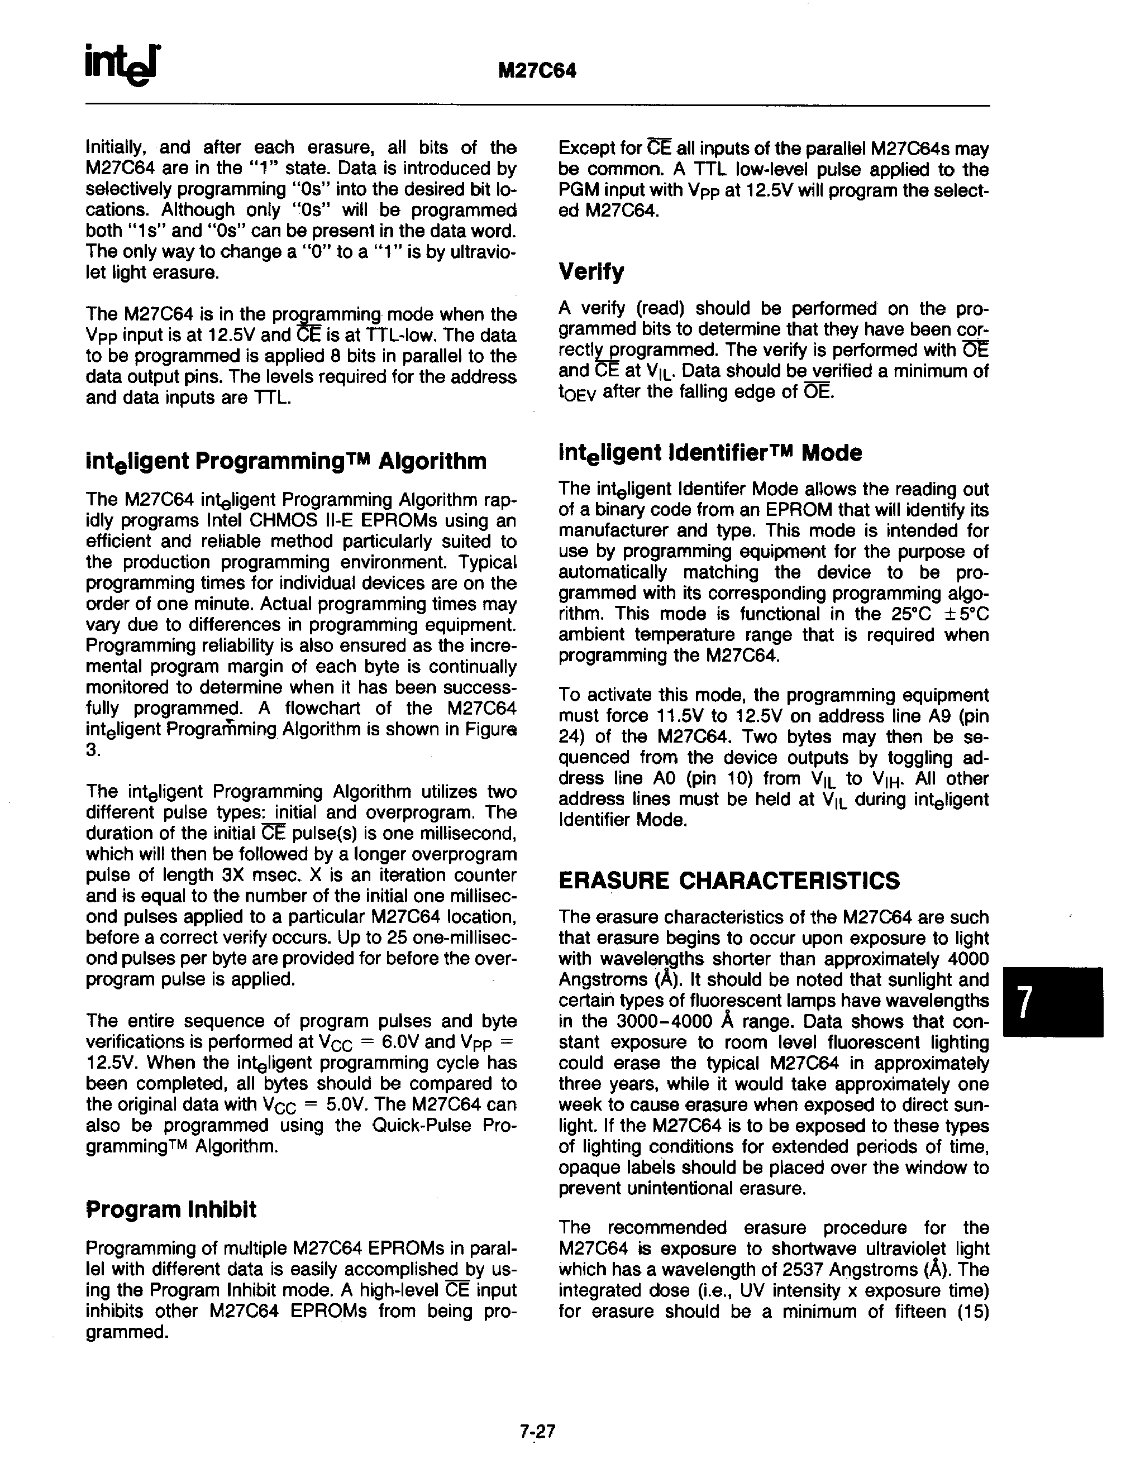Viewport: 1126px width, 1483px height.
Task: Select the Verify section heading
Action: coord(591,271)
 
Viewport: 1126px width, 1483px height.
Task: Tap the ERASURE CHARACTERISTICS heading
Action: coord(729,881)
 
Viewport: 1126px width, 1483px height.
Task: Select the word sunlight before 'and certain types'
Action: coord(928,979)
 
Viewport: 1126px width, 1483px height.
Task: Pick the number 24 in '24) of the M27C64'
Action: coord(569,737)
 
